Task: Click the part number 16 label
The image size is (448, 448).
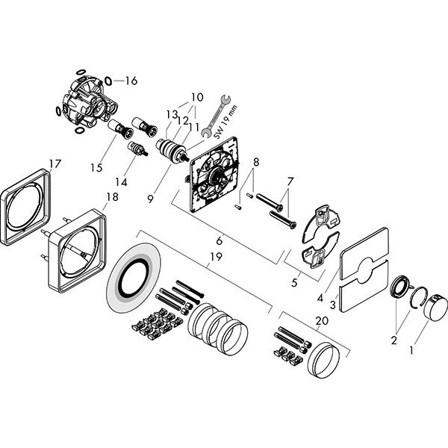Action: [x=131, y=81]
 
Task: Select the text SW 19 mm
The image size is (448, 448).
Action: [x=226, y=122]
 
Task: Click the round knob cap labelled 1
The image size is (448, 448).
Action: [x=435, y=307]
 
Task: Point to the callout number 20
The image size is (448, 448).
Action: [x=322, y=321]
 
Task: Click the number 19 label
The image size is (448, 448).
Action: [x=216, y=257]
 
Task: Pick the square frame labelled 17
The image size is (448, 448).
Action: [x=25, y=207]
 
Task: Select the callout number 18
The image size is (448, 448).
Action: [x=112, y=197]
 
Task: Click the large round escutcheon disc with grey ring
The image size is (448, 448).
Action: [x=134, y=278]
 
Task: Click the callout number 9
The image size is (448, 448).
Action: [x=151, y=199]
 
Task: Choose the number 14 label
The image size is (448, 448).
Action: [x=121, y=182]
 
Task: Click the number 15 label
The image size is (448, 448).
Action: [x=96, y=168]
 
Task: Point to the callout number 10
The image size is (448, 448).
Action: [x=197, y=97]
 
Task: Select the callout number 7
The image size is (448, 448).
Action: [x=290, y=181]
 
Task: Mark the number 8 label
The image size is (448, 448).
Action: [x=256, y=163]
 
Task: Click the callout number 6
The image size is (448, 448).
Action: [x=219, y=241]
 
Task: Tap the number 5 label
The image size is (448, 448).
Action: [x=294, y=282]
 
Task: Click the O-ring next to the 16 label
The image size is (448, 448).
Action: [x=108, y=81]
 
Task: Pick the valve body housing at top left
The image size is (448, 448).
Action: [x=86, y=103]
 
